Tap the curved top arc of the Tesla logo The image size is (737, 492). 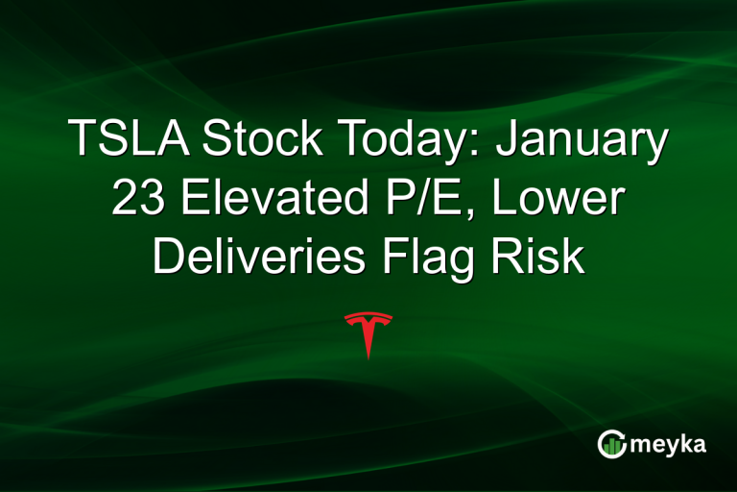[368, 314]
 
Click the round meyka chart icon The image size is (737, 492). [610, 444]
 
